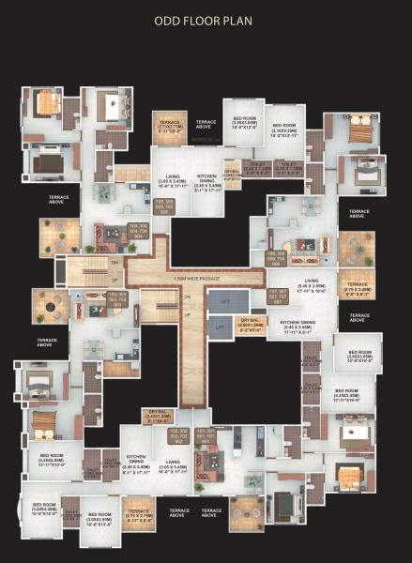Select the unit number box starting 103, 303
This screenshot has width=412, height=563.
tap(117, 298)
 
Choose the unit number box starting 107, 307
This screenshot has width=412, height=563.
tap(277, 299)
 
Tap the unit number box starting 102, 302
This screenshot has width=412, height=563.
tap(179, 435)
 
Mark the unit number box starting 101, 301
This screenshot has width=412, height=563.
tap(206, 435)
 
